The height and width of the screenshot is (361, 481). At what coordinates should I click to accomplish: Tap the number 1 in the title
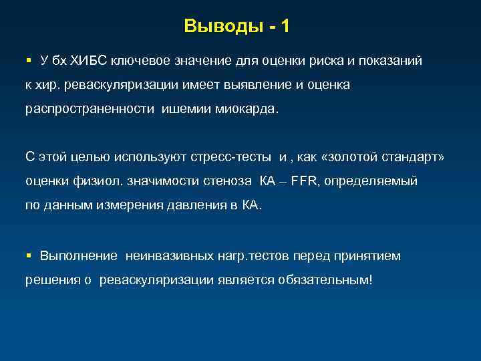[285, 27]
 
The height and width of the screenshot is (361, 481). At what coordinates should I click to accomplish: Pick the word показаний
[391, 61]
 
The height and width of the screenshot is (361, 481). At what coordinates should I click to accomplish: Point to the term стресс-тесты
[241, 157]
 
